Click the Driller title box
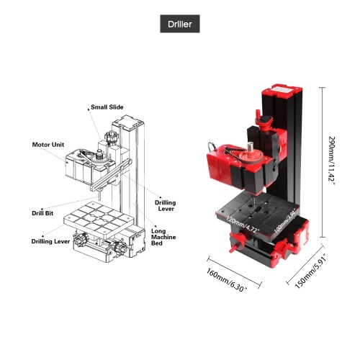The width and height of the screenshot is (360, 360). [180, 24]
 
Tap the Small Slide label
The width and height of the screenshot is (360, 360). [107, 107]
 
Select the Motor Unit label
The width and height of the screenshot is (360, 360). [48, 145]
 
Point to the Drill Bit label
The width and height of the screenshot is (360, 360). [42, 213]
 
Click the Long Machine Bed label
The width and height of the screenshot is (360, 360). [163, 237]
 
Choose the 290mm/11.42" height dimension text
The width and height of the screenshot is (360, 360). [331, 161]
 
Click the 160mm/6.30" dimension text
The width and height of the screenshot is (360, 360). [227, 280]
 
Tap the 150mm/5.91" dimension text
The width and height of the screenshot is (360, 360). [310, 271]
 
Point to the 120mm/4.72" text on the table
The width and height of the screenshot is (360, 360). [243, 225]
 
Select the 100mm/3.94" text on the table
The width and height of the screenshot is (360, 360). [287, 221]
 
